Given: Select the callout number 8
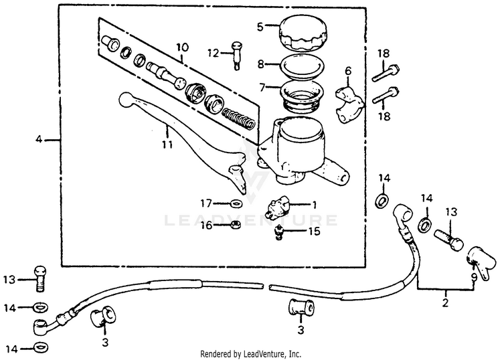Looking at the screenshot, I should pyautogui.click(x=260, y=66).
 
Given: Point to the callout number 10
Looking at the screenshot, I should pyautogui.click(x=182, y=48).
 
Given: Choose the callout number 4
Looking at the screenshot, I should pyautogui.click(x=39, y=139).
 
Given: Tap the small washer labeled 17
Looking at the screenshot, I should pyautogui.click(x=236, y=203).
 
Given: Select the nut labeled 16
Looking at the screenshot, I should pyautogui.click(x=236, y=225).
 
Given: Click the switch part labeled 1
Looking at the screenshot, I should pyautogui.click(x=279, y=204).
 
